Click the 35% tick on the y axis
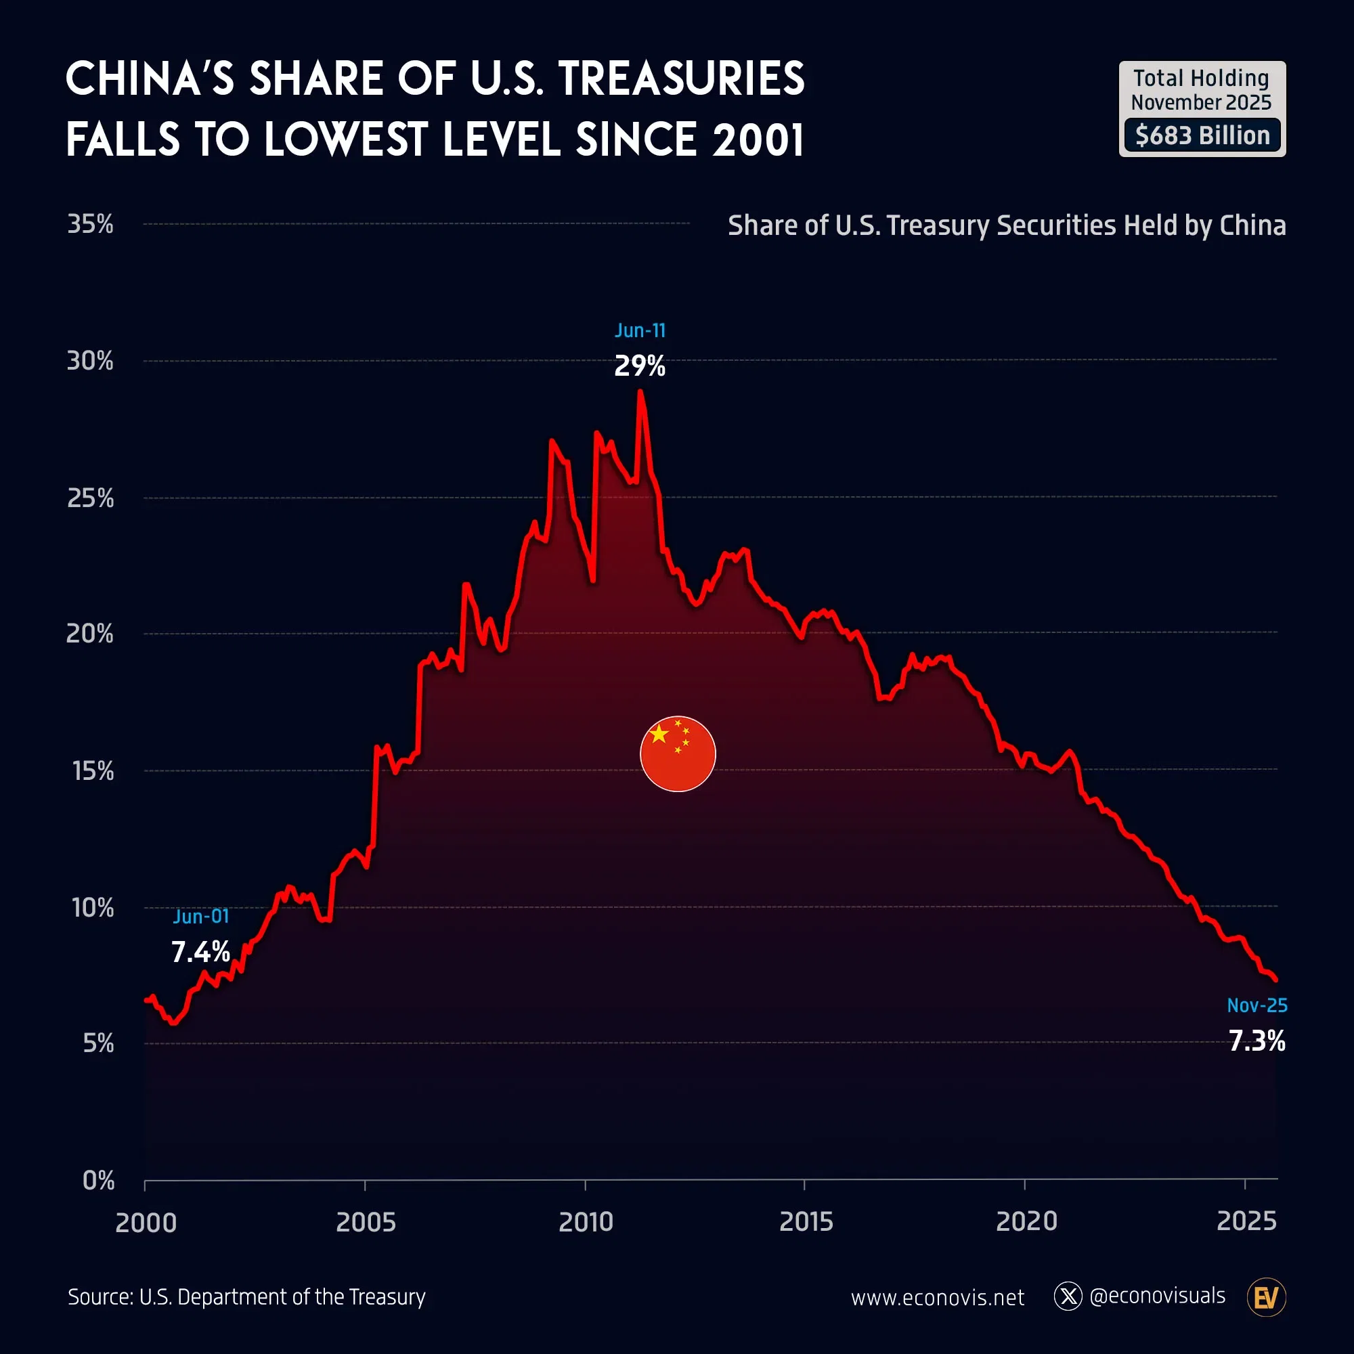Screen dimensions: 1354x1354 (91, 224)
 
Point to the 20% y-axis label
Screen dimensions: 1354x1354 (90, 634)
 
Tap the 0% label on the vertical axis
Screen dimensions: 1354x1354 (98, 1180)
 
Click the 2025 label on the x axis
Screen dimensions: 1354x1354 (1246, 1221)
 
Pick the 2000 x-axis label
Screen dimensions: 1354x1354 (146, 1222)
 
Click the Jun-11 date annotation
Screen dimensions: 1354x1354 (640, 330)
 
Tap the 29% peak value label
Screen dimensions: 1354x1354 (640, 366)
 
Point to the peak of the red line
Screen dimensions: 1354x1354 (640, 392)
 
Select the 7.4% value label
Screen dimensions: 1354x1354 (200, 952)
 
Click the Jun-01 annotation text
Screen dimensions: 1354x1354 (200, 916)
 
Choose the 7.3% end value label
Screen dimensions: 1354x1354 (1257, 1041)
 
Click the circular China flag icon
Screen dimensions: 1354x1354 (678, 754)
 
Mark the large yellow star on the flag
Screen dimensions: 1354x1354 (659, 734)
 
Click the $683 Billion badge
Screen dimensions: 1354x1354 (1202, 135)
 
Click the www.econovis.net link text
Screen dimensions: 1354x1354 (937, 1297)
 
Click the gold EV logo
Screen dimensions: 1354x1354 (1266, 1297)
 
